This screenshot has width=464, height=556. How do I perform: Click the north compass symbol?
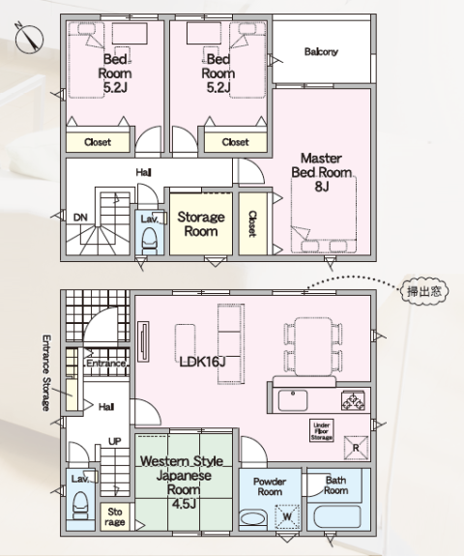click(x=29, y=38)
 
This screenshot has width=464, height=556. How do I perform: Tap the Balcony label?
click(x=321, y=52)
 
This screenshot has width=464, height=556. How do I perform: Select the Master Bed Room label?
click(x=322, y=172)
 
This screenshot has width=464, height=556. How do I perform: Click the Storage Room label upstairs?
click(x=201, y=223)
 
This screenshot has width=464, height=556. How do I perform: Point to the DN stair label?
click(x=80, y=218)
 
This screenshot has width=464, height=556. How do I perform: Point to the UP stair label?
click(x=114, y=442)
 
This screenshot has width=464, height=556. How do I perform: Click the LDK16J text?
click(x=202, y=362)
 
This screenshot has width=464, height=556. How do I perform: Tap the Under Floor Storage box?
click(x=322, y=431)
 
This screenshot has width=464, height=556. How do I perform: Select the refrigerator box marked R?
click(x=356, y=449)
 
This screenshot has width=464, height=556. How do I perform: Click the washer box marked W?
click(x=287, y=516)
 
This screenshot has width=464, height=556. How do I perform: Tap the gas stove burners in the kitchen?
click(x=353, y=400)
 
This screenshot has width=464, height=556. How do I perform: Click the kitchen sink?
click(x=293, y=400)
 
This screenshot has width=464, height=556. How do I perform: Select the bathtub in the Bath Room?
click(x=337, y=516)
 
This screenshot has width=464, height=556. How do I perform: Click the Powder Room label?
click(x=270, y=486)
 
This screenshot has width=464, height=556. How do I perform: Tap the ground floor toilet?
click(x=80, y=505)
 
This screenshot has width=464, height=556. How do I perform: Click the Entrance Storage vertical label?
click(x=46, y=372)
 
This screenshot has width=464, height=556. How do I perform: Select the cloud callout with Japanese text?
click(x=424, y=291)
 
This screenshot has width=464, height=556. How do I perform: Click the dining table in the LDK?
click(x=313, y=347)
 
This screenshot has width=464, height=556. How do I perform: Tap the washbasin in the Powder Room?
click(x=253, y=519)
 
